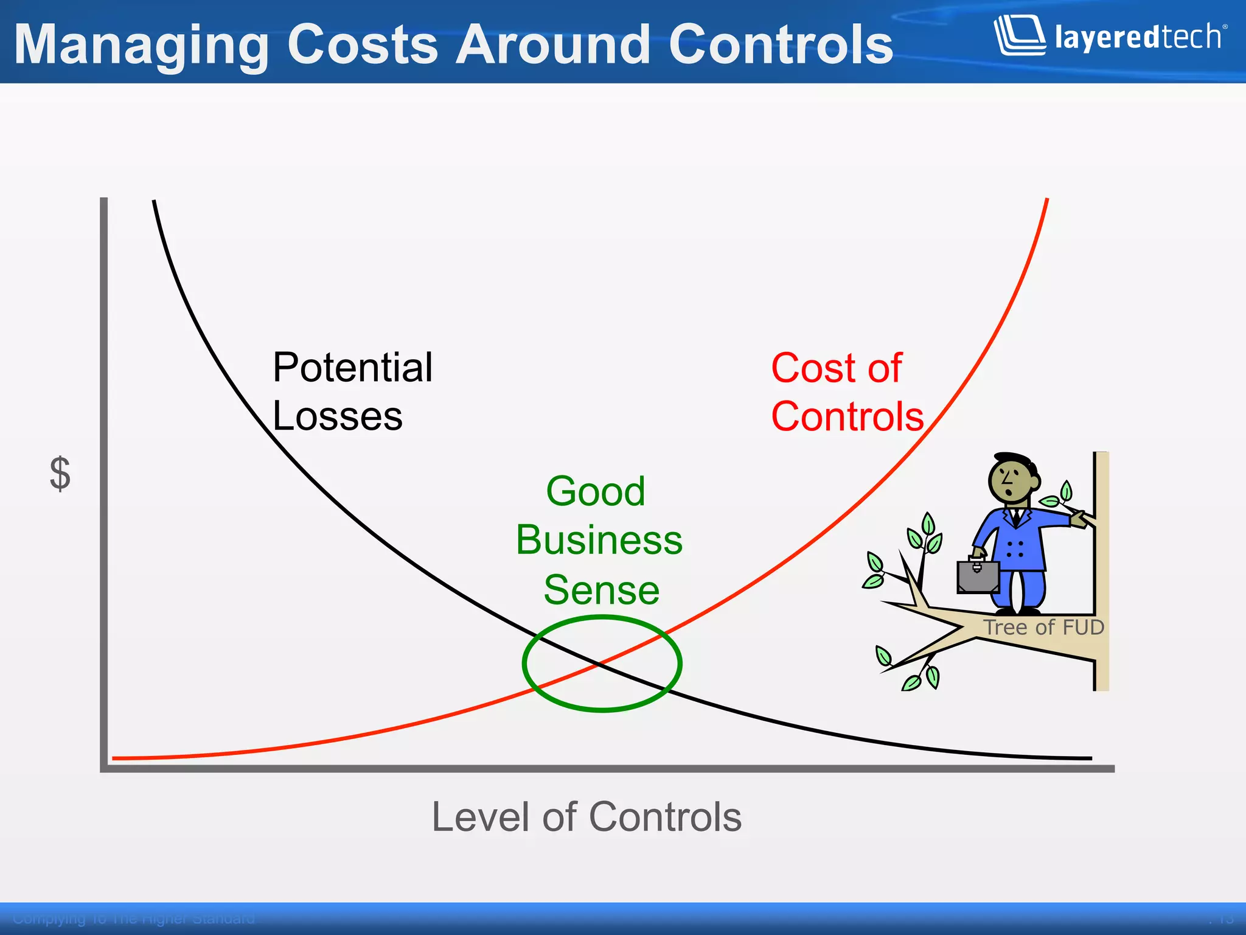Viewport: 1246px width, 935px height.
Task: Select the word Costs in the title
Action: point(363,44)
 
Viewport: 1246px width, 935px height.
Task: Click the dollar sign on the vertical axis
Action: point(60,474)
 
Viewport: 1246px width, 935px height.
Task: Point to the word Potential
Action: point(352,368)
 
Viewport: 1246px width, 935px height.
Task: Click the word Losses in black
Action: point(338,417)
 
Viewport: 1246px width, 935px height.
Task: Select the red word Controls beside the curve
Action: point(847,418)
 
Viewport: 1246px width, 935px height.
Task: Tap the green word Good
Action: point(595,491)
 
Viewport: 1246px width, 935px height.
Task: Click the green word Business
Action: point(599,540)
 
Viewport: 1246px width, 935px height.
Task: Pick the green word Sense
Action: point(601,590)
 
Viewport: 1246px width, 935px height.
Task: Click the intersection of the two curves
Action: point(599,664)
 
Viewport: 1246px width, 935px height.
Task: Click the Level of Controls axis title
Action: point(586,817)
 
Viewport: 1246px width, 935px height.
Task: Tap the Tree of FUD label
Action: point(1043,627)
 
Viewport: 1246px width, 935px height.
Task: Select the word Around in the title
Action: point(553,44)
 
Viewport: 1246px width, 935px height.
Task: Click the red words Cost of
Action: point(836,368)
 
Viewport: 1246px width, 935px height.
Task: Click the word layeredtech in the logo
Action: point(1138,38)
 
